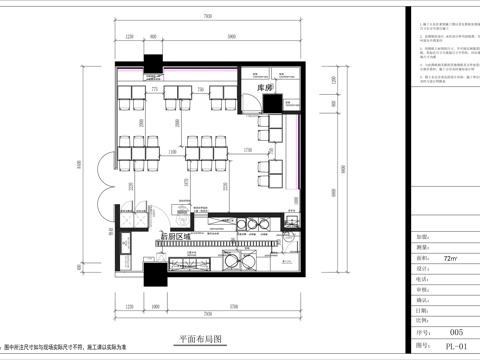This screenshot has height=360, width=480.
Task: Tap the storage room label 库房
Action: (265, 89)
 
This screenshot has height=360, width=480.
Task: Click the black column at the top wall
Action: (153, 61)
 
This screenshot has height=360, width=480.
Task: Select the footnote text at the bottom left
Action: (70, 346)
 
